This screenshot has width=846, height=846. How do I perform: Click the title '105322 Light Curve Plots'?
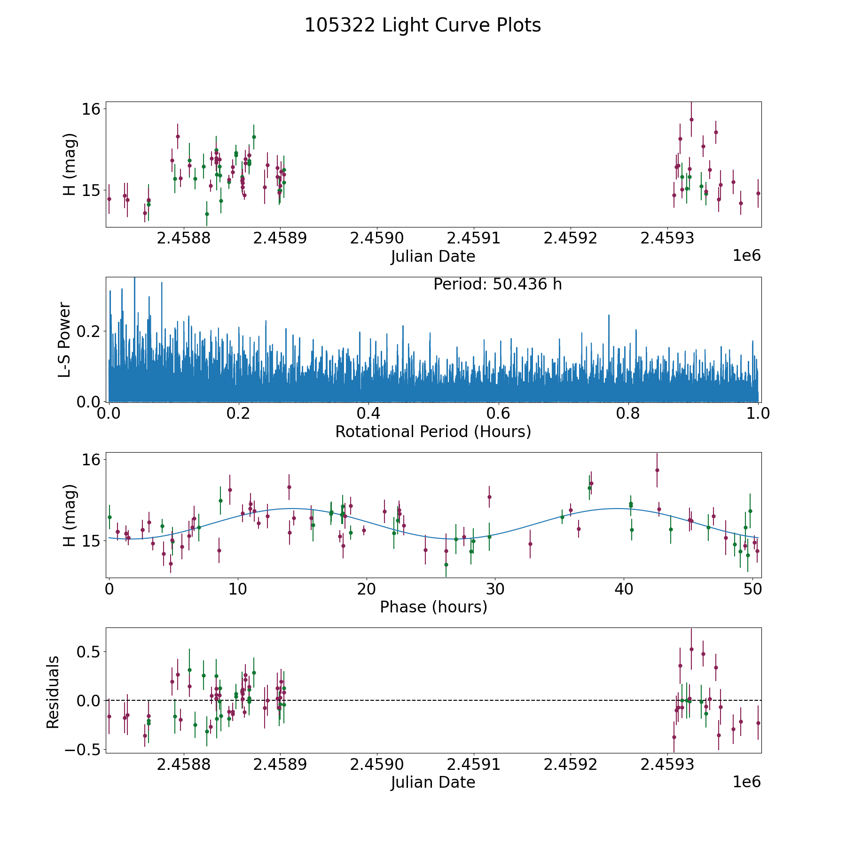click(423, 25)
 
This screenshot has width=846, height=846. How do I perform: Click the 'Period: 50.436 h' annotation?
click(497, 284)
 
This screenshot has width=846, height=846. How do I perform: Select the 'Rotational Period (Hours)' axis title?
click(433, 431)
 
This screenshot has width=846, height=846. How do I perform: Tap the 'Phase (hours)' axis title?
click(433, 607)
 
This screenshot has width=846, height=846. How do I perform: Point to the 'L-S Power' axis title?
click(65, 339)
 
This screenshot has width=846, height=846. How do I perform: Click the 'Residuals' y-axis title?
click(53, 692)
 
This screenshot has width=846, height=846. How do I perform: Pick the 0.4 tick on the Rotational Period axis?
click(368, 414)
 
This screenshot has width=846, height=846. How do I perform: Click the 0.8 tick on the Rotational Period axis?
click(628, 414)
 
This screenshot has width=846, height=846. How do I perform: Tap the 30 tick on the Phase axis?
click(495, 589)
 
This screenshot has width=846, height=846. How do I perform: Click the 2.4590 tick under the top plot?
click(377, 238)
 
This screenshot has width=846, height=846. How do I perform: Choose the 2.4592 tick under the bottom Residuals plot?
click(570, 765)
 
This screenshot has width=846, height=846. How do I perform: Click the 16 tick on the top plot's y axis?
click(91, 109)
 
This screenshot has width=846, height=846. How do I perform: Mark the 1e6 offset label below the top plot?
click(746, 256)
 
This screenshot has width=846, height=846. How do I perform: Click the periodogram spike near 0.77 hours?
click(609, 316)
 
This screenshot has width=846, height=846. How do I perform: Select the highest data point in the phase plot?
click(657, 470)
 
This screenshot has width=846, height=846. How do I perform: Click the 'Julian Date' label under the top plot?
click(433, 257)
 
